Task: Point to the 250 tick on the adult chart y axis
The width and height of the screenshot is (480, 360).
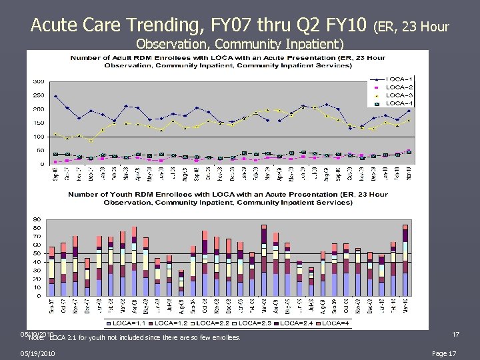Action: click(x=39, y=95)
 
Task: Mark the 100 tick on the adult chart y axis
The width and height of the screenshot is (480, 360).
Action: click(x=39, y=137)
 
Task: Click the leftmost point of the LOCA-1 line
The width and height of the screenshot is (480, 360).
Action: click(x=55, y=96)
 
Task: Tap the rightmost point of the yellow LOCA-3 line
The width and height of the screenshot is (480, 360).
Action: click(x=409, y=120)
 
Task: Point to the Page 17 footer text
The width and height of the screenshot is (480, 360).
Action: click(x=444, y=353)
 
